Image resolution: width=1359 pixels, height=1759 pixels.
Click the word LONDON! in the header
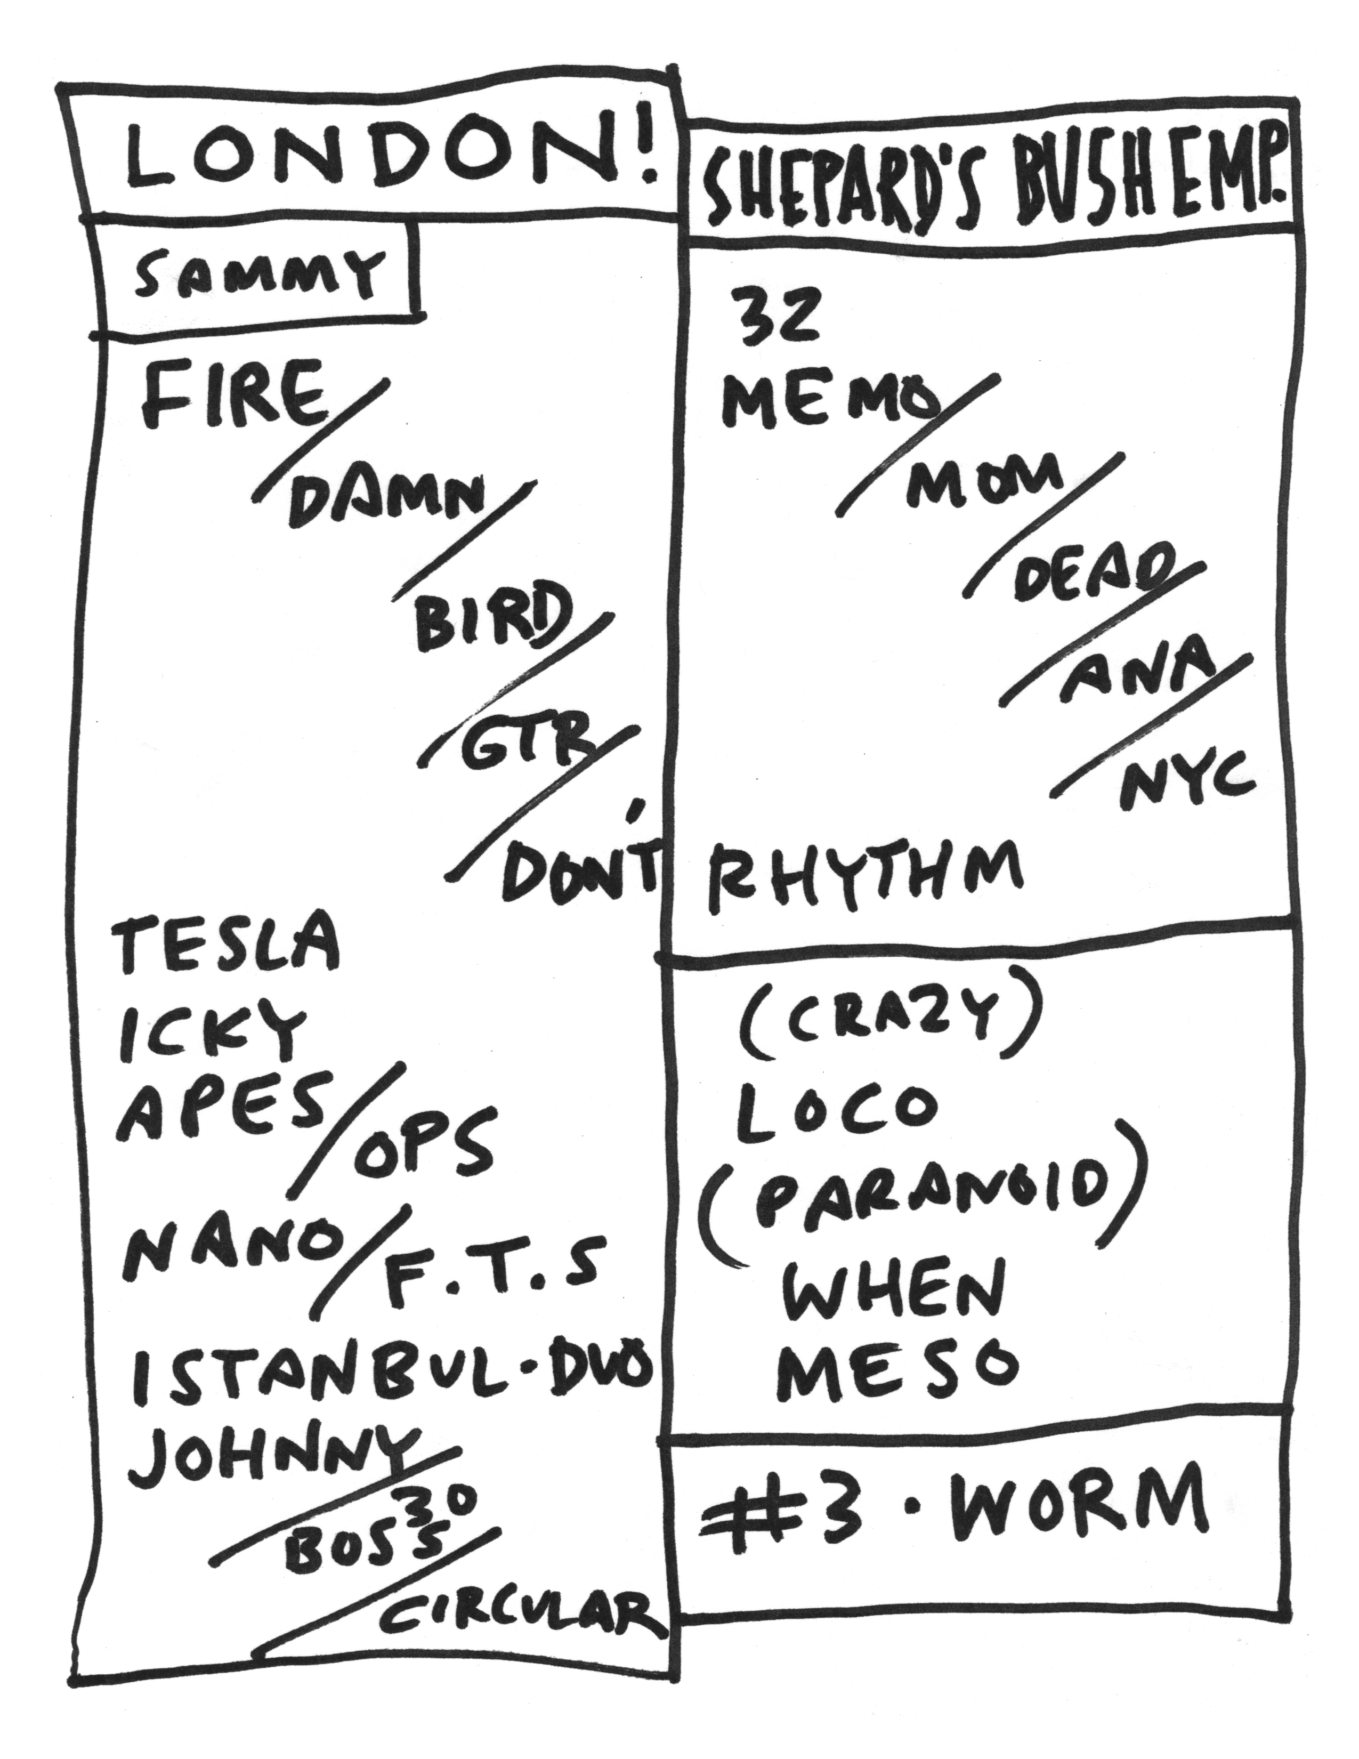click(x=386, y=161)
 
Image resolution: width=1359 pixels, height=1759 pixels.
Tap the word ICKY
click(x=211, y=1031)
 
